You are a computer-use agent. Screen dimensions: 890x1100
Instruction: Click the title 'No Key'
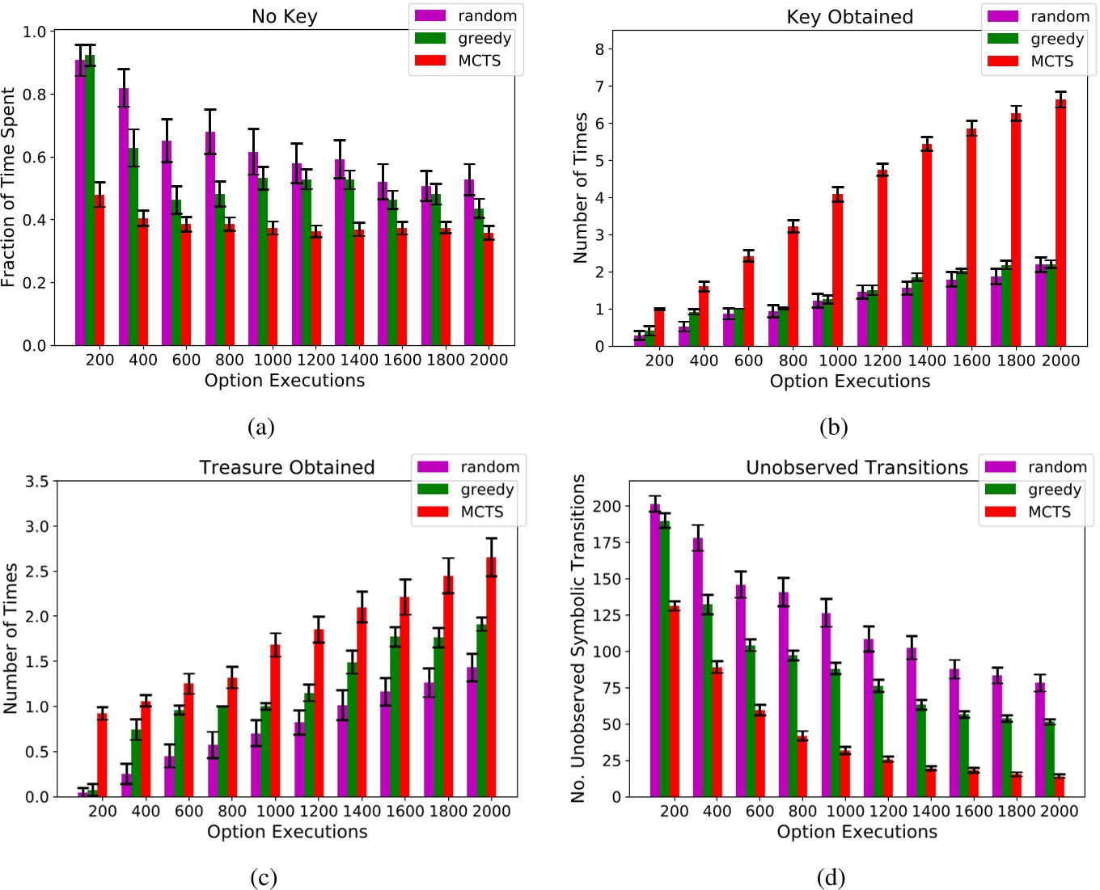(284, 16)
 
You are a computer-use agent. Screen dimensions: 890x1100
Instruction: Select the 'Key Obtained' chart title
(849, 17)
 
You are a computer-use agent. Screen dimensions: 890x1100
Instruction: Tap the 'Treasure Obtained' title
(287, 467)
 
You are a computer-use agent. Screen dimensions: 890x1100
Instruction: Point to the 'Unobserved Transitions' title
(857, 467)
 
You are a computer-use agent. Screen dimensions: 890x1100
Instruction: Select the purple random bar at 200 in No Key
(80, 202)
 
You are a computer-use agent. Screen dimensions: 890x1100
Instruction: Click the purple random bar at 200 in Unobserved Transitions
(654, 650)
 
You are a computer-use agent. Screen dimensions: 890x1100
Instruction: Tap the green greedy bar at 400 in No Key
(133, 247)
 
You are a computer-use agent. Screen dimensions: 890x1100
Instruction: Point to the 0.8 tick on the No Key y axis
(35, 94)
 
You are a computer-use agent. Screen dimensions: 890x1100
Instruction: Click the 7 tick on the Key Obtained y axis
(599, 86)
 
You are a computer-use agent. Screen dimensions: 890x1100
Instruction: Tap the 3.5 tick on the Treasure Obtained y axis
(37, 481)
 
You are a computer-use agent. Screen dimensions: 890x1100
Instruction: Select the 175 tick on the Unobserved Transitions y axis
(607, 542)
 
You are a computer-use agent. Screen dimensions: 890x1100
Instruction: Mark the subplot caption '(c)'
(263, 878)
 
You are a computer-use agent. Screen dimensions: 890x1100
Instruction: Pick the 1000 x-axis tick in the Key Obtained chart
(837, 361)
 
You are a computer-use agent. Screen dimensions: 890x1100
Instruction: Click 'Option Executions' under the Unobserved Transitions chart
(857, 832)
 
